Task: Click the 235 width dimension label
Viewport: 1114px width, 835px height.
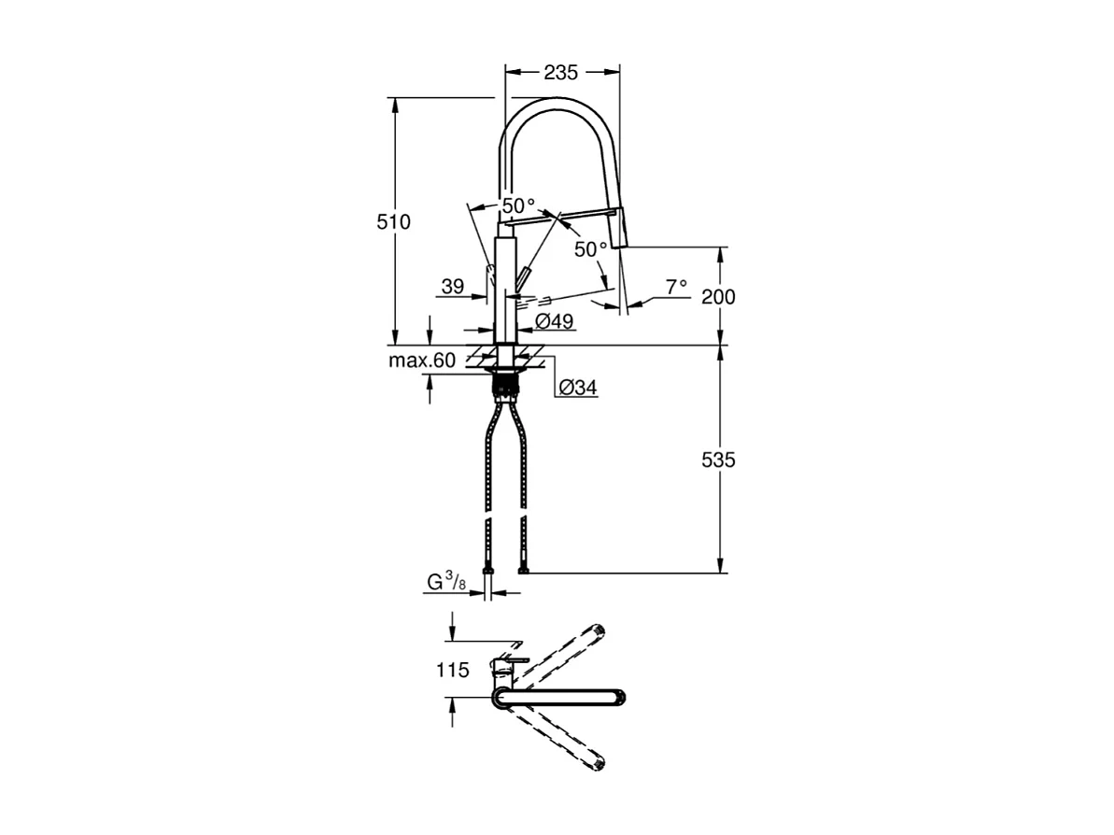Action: pos(561,72)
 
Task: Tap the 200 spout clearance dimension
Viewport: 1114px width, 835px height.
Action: pos(719,297)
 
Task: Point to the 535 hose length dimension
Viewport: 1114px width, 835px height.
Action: pos(719,460)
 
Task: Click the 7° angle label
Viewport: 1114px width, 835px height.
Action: pos(676,286)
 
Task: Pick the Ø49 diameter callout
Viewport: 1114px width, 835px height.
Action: pos(555,321)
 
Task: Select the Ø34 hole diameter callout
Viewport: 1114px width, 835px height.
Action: pos(578,388)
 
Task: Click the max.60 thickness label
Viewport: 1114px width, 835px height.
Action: pos(422,361)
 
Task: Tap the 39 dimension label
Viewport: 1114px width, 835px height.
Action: pos(452,288)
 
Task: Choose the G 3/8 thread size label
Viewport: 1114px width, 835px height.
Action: pos(446,583)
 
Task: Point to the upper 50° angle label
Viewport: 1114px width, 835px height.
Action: pos(518,205)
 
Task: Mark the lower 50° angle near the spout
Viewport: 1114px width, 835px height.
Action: pos(590,248)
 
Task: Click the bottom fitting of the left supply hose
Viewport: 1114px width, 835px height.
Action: pos(486,570)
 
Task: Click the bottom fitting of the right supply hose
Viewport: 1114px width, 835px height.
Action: pos(523,570)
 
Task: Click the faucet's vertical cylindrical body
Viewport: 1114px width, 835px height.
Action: pos(504,290)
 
